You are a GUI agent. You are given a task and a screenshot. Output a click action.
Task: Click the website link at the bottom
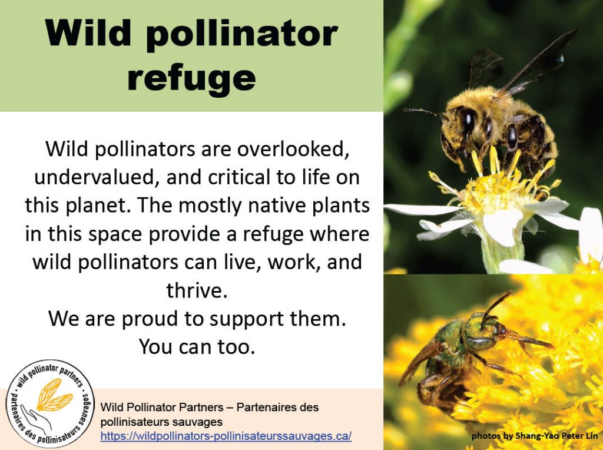[226, 436]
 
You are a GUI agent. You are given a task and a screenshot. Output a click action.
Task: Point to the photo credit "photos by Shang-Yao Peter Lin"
[535, 436]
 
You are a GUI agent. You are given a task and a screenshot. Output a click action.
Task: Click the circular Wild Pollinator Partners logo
[50, 403]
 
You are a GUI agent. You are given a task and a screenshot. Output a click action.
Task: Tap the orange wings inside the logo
[54, 394]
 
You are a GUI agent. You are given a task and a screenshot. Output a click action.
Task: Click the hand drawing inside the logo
[37, 418]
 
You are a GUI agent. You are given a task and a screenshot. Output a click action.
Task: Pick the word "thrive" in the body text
[195, 290]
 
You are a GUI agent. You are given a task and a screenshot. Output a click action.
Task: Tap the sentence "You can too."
[197, 346]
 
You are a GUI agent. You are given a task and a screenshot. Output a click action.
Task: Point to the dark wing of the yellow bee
[538, 61]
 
